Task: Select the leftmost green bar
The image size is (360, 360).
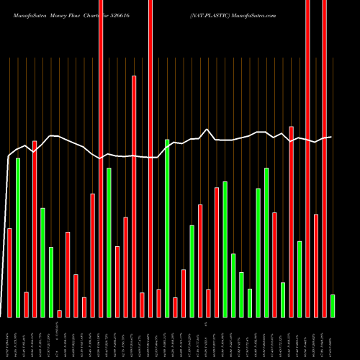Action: click(x=18, y=238)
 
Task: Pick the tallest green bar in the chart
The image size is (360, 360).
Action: click(x=167, y=228)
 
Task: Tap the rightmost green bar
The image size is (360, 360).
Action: click(x=333, y=306)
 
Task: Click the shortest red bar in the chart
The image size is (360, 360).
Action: click(x=60, y=313)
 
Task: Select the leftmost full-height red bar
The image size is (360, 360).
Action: click(x=101, y=158)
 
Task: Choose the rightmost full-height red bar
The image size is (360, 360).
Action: click(x=324, y=158)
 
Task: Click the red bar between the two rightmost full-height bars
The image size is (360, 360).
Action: click(x=316, y=266)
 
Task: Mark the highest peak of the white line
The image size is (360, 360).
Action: click(x=208, y=130)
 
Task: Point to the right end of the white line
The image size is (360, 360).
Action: click(x=331, y=137)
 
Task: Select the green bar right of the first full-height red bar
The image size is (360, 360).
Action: click(x=109, y=243)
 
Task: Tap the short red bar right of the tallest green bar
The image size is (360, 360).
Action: click(x=175, y=307)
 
